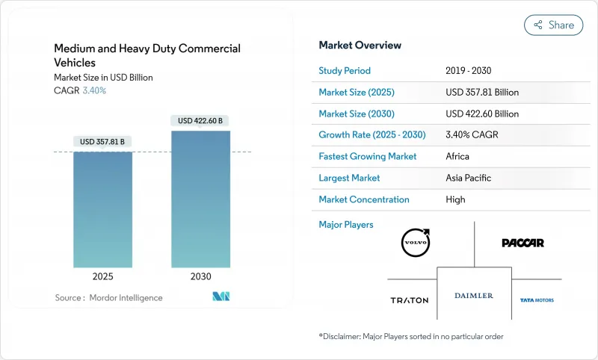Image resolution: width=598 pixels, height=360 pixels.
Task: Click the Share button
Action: coord(554,25)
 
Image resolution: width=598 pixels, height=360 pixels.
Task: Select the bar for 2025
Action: coord(103,209)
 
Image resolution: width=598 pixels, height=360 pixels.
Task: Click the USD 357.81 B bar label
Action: coord(103,142)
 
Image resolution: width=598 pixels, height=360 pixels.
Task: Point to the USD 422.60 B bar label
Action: coord(200,120)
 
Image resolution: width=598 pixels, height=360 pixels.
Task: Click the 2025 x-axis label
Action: coord(103,276)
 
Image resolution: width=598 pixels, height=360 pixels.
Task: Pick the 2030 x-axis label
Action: coord(200,276)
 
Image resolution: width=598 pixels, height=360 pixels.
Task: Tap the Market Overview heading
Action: coord(360,46)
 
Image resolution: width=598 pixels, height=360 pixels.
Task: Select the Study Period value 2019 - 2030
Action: coord(471,71)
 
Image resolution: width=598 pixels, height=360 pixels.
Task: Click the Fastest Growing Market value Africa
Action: coord(458,157)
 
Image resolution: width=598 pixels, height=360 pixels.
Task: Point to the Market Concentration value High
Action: coord(455,199)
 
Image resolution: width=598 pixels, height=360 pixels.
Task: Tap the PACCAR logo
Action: coord(523,243)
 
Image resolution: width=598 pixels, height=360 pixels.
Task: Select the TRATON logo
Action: coord(410,300)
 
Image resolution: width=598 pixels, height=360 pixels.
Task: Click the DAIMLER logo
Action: coord(474,296)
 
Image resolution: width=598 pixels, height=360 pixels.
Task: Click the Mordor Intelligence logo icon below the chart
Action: coord(221,297)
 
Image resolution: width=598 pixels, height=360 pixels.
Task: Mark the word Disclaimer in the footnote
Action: coord(343,336)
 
